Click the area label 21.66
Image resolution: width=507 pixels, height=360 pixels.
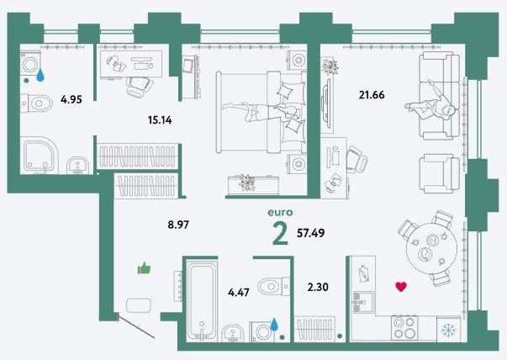(372, 95)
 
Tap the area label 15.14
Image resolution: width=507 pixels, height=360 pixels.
(160, 120)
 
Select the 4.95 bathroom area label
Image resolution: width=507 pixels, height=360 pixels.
(71, 99)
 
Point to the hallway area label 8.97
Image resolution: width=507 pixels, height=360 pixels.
(178, 224)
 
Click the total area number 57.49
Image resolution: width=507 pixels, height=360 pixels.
(311, 232)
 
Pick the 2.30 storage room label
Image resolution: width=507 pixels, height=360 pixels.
(318, 287)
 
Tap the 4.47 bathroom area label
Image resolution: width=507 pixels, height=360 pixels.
(239, 293)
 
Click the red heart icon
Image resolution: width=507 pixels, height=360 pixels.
(401, 287)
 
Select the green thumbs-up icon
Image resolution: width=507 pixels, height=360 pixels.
(145, 268)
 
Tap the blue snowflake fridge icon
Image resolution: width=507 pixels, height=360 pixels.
(448, 331)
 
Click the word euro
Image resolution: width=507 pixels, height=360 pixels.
(280, 213)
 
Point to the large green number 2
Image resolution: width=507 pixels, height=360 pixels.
(280, 234)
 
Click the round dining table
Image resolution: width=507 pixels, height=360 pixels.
(431, 248)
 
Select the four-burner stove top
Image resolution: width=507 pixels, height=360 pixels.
(404, 327)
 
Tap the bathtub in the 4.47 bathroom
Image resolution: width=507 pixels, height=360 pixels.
(202, 301)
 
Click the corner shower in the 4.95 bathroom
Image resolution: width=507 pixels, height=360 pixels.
(40, 156)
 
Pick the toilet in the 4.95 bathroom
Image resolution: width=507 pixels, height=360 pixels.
(36, 103)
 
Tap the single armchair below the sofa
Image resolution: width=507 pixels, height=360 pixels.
(439, 174)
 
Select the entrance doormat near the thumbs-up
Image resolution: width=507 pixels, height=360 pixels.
(139, 305)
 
